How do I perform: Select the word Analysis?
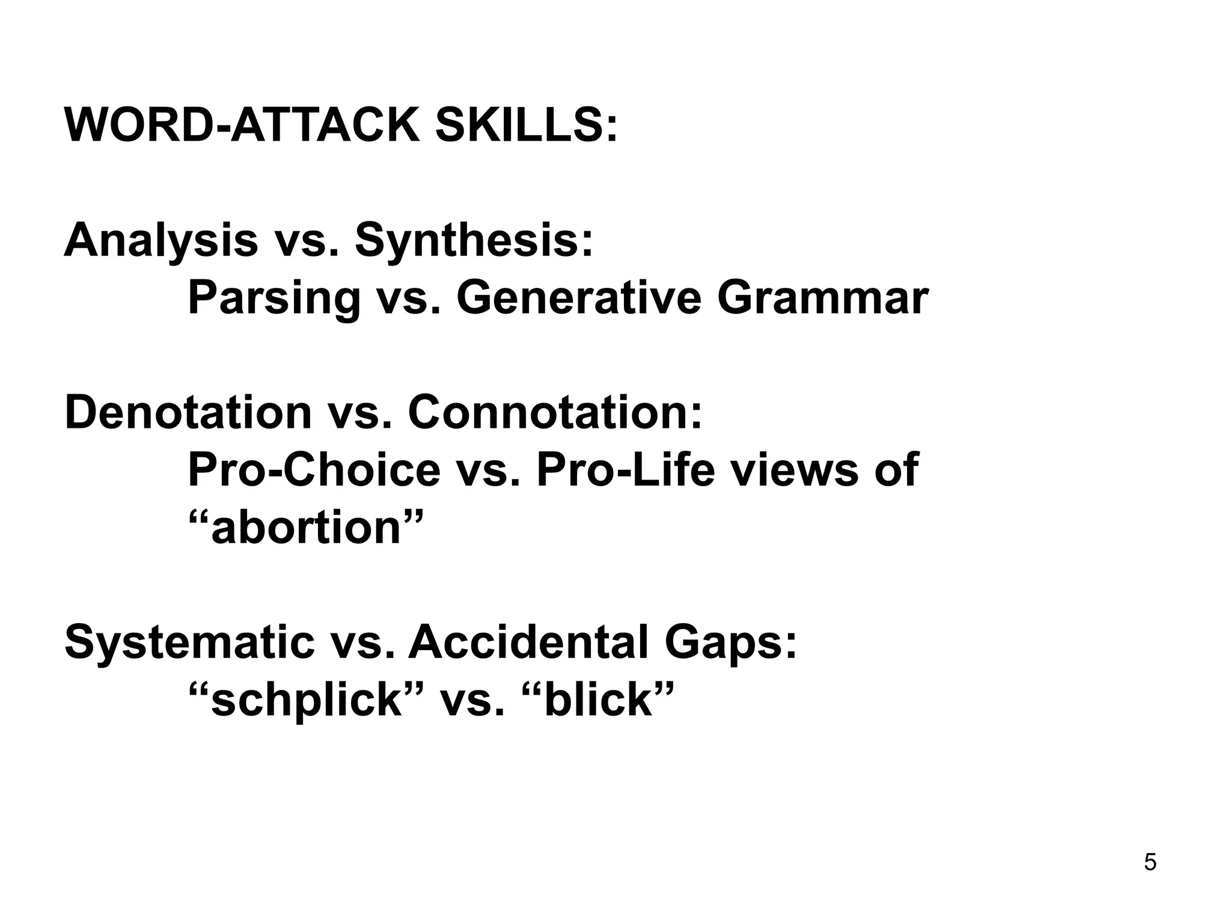pyautogui.click(x=161, y=240)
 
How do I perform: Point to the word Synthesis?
pyautogui.click(x=474, y=240)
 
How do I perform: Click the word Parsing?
pyautogui.click(x=274, y=299)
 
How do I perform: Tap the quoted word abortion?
pyautogui.click(x=306, y=527)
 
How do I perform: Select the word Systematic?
pyautogui.click(x=189, y=642)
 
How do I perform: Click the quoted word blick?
pyautogui.click(x=599, y=699)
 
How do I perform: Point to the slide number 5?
pyautogui.click(x=1150, y=863)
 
